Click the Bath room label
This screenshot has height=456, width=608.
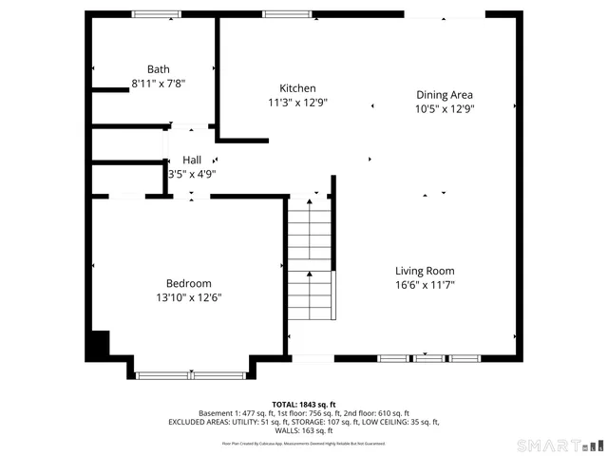158,68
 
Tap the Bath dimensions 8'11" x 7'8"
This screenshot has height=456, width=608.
158,83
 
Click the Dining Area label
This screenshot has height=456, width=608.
445,94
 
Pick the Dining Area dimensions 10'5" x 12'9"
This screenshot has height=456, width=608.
445,108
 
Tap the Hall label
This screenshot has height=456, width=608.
192,160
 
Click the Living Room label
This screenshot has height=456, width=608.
425,270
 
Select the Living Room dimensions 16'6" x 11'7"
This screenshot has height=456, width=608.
425,284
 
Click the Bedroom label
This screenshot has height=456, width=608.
188,283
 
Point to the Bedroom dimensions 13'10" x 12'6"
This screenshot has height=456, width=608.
188,297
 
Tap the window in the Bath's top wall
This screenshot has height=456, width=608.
157,14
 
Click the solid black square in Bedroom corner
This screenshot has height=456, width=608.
98,345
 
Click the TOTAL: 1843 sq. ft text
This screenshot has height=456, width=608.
304,404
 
